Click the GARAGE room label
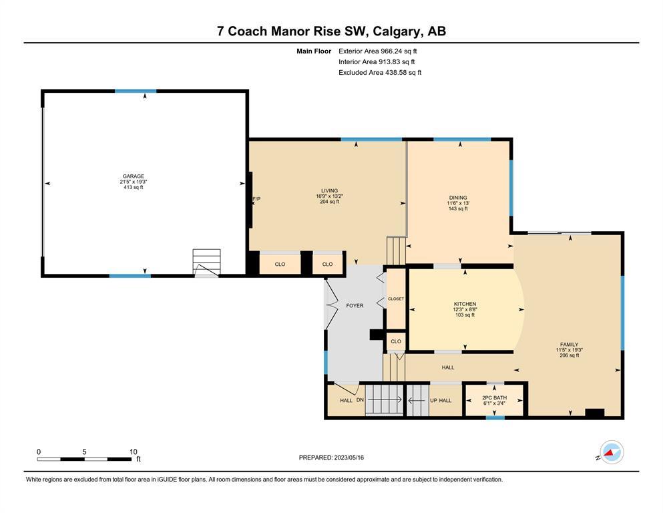(x=133, y=176)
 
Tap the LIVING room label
(x=329, y=190)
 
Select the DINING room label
(x=458, y=198)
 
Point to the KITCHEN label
(x=465, y=304)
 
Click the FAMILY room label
(x=569, y=344)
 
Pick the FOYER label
(x=355, y=305)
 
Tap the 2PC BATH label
(x=494, y=397)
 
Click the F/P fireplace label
(x=256, y=199)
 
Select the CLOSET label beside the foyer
(x=396, y=299)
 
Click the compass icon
(x=612, y=452)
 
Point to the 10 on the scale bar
(x=133, y=452)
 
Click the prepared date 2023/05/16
(x=349, y=458)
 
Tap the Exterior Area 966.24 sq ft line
(x=378, y=51)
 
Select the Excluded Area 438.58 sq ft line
(x=380, y=72)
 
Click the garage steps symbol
(x=206, y=263)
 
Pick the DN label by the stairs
(x=360, y=399)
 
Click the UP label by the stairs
(x=433, y=400)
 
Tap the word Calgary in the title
(x=397, y=31)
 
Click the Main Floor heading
(x=314, y=51)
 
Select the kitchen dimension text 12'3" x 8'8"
(x=465, y=309)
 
